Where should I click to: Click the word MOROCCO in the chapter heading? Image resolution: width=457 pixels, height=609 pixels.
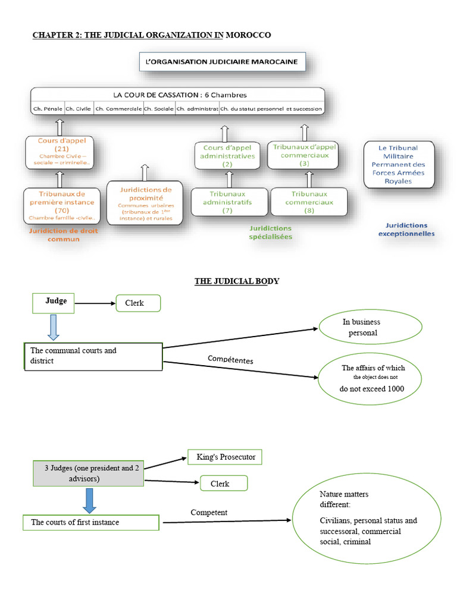coord(248,35)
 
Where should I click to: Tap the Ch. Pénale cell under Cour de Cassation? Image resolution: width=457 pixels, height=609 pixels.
coord(48,109)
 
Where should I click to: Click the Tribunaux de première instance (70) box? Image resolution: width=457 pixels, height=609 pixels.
coord(57,206)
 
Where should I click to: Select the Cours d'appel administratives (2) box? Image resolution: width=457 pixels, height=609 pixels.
coord(227,156)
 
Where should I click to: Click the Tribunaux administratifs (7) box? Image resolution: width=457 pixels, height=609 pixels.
coord(227,202)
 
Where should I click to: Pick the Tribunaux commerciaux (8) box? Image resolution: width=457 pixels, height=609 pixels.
coord(309,202)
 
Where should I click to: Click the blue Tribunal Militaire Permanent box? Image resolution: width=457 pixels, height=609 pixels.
coord(398,164)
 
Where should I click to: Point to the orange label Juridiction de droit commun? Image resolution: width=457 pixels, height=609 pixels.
coord(55,234)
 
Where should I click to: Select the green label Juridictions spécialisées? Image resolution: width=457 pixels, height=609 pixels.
coord(271,232)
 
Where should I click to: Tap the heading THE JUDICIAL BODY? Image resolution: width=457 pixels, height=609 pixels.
coord(236,281)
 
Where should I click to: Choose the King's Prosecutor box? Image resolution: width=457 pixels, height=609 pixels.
coord(224,457)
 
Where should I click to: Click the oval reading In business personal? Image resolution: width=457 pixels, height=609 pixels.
coord(370,327)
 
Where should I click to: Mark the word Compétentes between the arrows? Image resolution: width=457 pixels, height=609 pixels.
coord(230,359)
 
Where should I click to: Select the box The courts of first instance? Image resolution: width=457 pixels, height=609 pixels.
coord(91,522)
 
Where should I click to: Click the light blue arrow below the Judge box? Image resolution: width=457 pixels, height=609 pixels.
coord(52,327)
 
